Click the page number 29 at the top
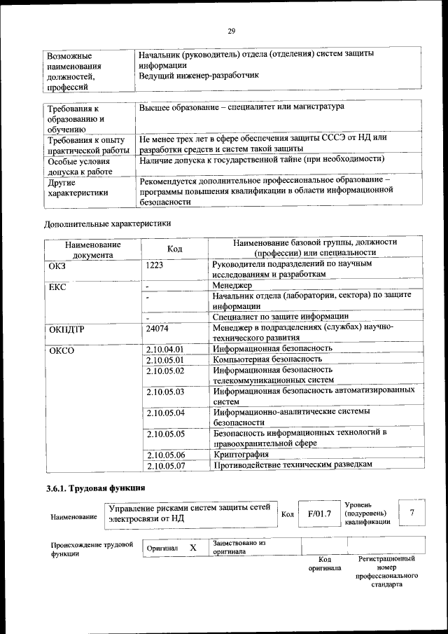(x=232, y=30)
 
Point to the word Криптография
(x=241, y=454)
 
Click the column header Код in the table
(x=175, y=249)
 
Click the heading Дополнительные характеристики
(x=107, y=223)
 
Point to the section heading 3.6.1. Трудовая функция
(x=92, y=488)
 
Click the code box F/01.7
(x=318, y=514)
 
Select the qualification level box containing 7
(x=412, y=514)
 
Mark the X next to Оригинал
(x=192, y=548)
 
